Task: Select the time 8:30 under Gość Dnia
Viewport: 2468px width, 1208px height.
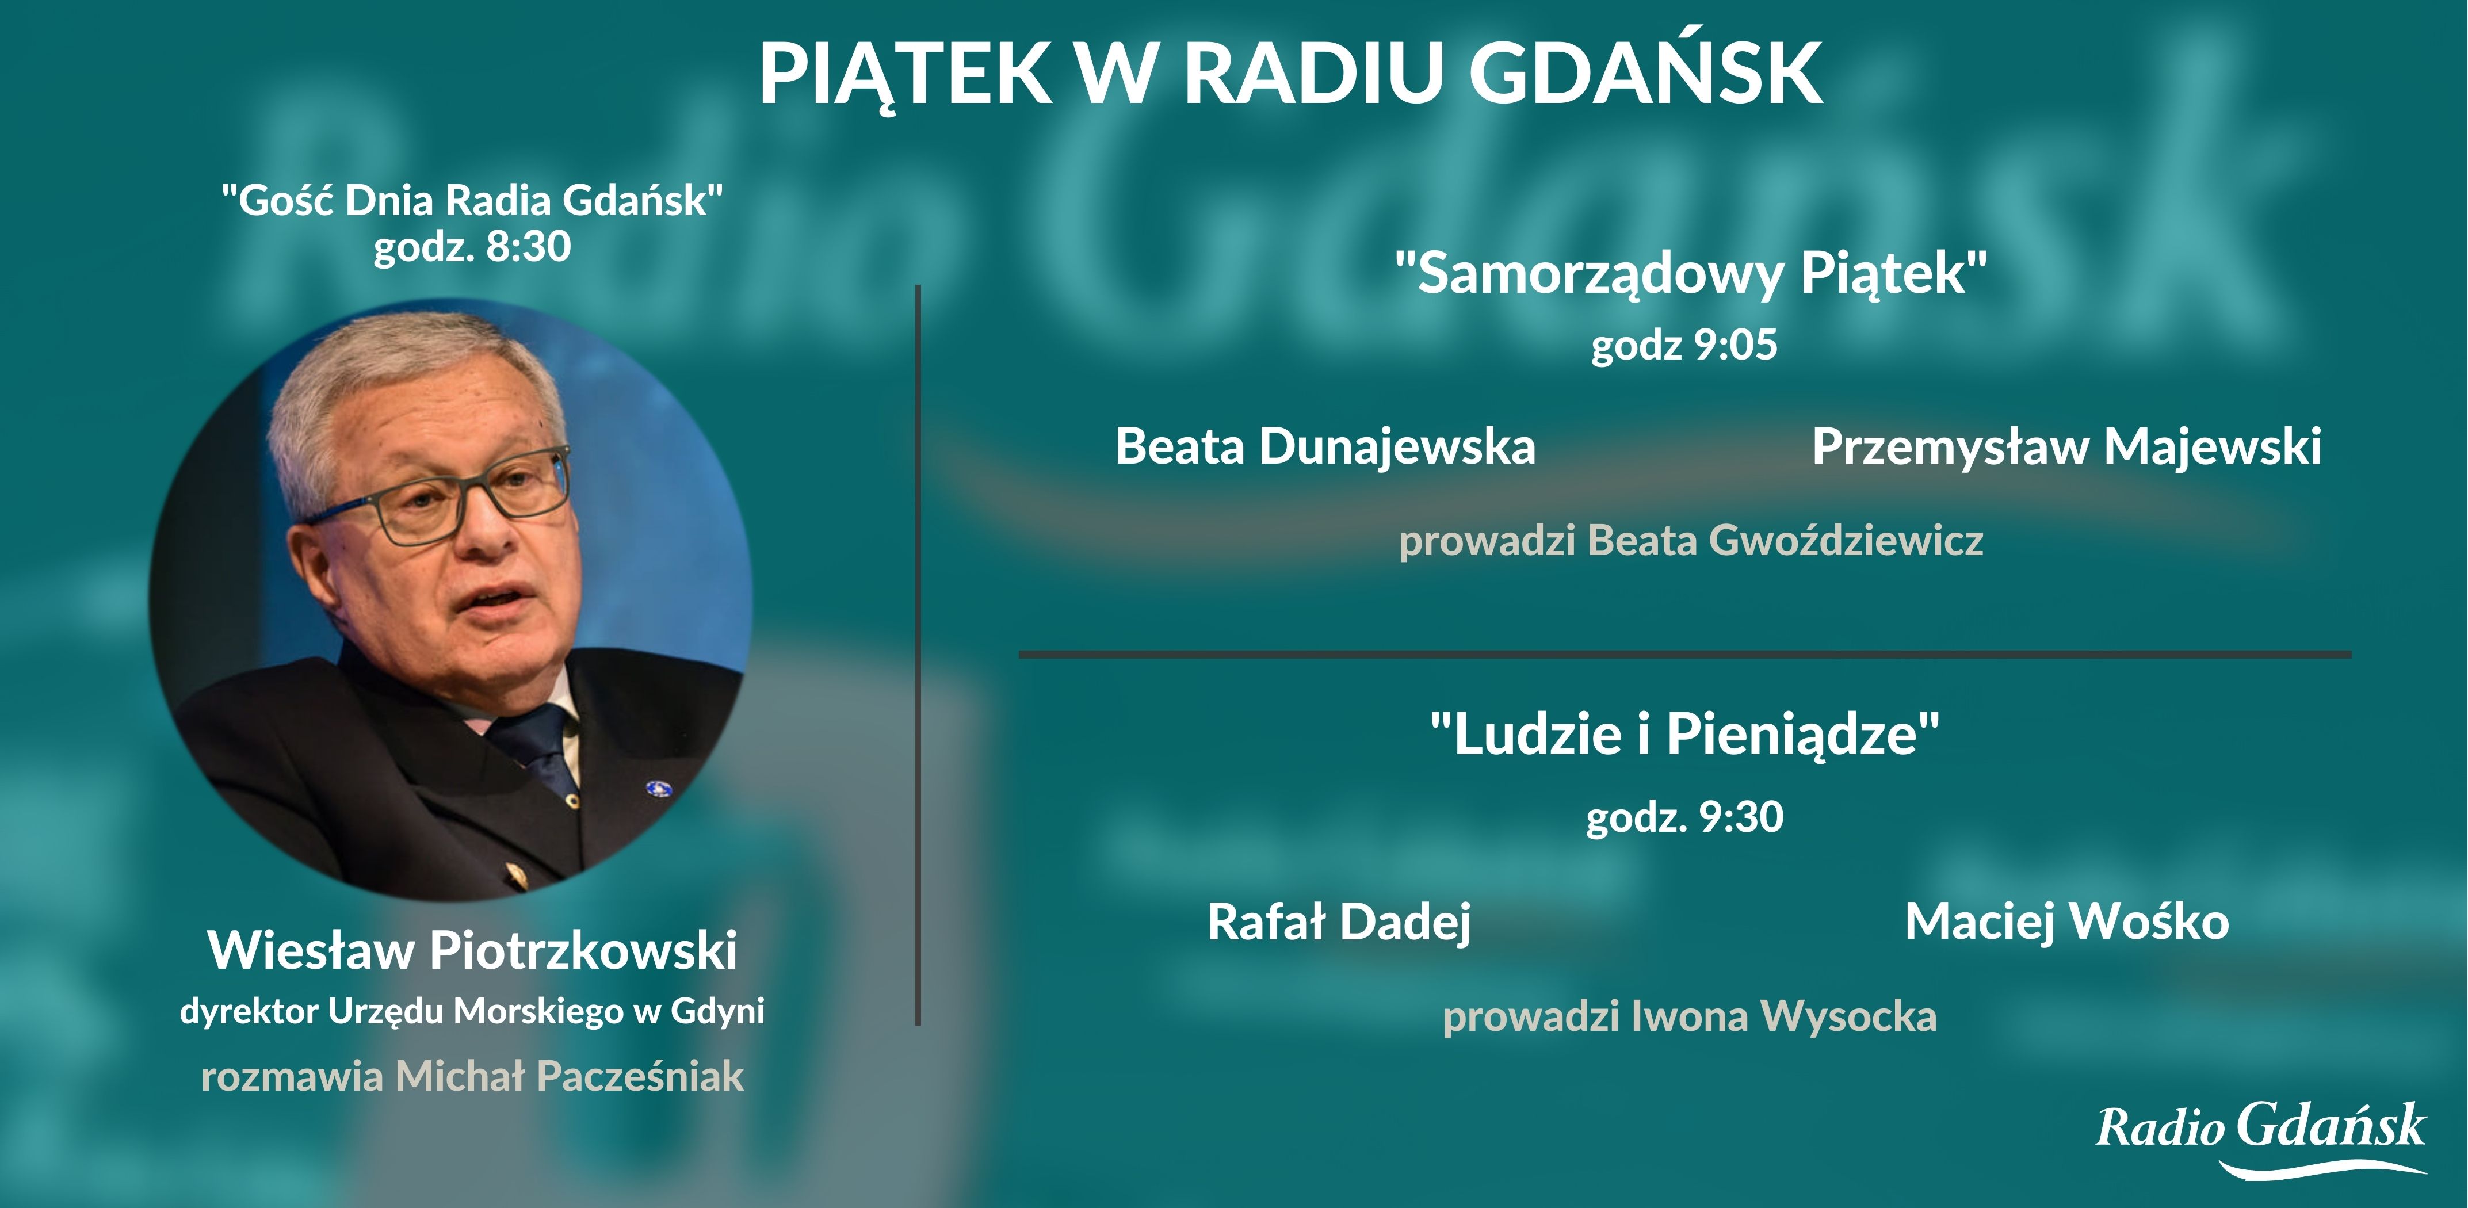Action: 529,246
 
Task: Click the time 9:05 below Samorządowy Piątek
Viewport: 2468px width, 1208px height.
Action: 1736,345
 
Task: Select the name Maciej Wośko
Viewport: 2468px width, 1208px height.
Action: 2066,922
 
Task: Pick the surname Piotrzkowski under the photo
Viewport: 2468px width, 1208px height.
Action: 583,950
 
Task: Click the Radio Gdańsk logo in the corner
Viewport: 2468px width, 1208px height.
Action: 2261,1138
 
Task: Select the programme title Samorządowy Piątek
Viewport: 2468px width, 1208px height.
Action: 1691,273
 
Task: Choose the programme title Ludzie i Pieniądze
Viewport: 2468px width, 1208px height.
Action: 1685,735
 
